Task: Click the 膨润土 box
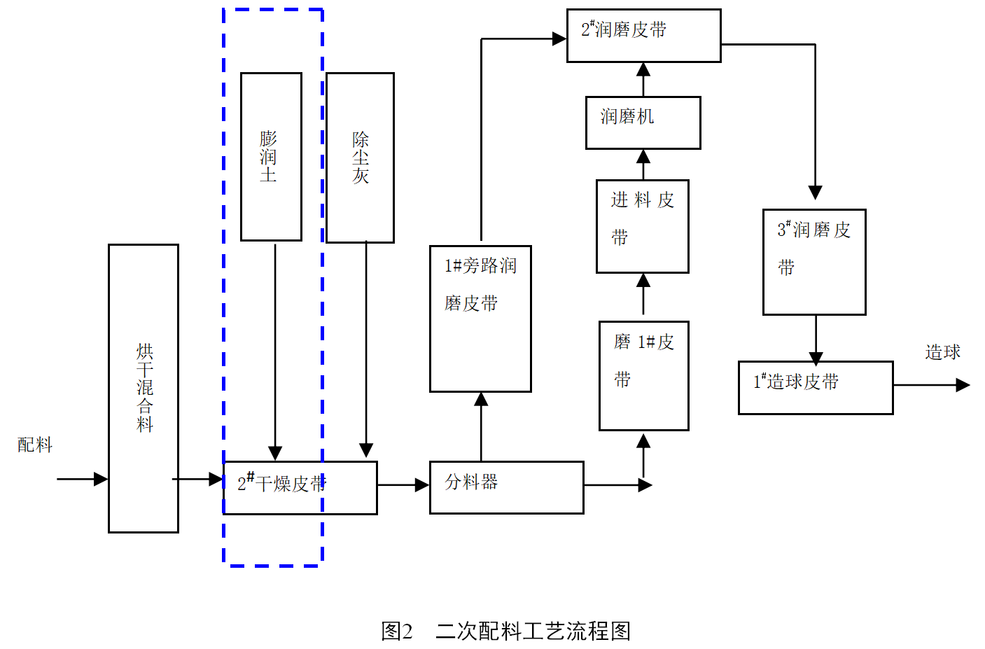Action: [271, 157]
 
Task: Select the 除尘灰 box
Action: [360, 158]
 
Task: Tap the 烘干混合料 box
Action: [144, 388]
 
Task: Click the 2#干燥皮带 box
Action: [300, 487]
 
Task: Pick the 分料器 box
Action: [506, 487]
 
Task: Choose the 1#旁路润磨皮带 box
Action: [480, 319]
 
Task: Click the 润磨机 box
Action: [643, 123]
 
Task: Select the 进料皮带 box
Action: [642, 226]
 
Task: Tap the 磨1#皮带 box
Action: [643, 375]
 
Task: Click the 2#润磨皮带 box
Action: [643, 36]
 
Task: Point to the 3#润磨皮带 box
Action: [814, 262]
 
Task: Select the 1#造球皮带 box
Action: [816, 387]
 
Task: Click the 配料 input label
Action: [35, 445]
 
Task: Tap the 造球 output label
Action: [942, 352]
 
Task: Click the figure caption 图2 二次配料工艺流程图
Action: [505, 631]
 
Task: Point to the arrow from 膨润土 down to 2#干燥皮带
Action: [275, 350]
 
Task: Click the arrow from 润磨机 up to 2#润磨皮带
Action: [643, 79]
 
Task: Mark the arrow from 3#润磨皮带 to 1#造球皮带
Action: [816, 339]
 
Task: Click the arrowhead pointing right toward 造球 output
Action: [963, 384]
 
